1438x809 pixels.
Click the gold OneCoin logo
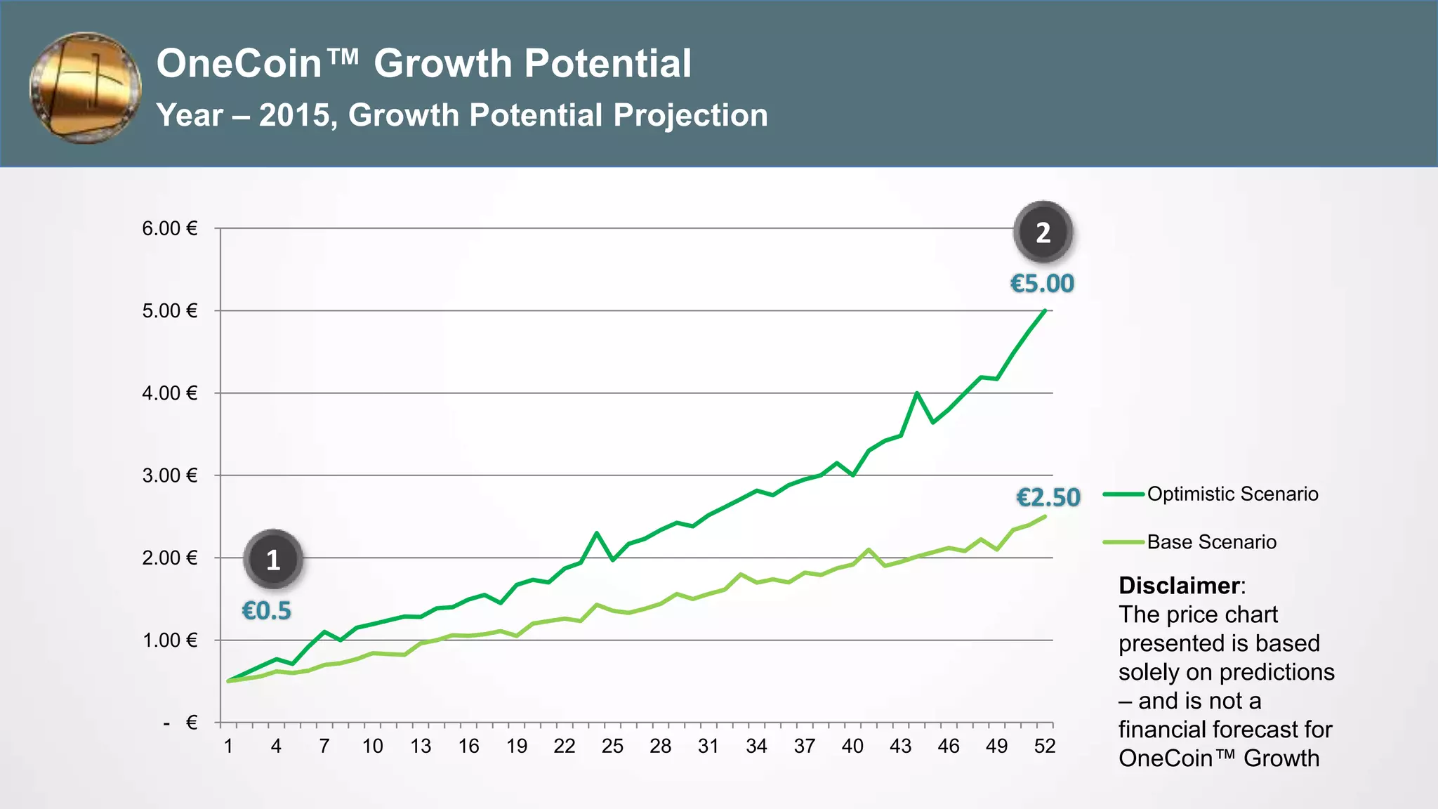85,88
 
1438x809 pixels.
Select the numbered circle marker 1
273,560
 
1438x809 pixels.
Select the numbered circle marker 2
1043,232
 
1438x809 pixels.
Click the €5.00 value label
1042,284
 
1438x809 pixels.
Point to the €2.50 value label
1048,497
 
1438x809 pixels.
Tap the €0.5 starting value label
266,611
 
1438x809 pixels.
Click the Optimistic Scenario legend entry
1232,494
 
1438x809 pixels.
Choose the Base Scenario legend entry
1211,542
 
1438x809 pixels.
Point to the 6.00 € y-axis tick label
170,228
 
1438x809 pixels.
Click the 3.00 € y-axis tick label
170,475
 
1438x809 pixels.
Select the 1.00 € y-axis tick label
170,640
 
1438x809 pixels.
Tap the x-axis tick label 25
612,746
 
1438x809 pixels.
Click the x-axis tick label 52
1045,746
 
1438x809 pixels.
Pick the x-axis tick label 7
324,746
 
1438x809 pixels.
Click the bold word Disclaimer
1179,585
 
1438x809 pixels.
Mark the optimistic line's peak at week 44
917,393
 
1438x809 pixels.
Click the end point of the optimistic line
1045,310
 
